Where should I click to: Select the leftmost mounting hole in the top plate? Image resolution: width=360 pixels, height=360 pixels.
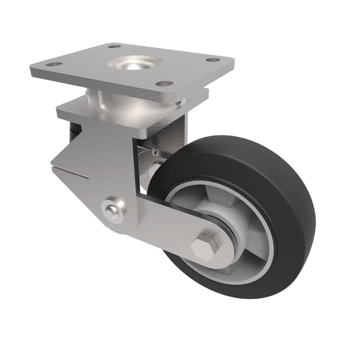pyautogui.click(x=54, y=65)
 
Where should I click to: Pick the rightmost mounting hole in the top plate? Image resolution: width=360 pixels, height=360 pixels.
pyautogui.click(x=213, y=60)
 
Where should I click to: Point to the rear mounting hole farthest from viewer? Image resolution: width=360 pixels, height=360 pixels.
pyautogui.click(x=115, y=46)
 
